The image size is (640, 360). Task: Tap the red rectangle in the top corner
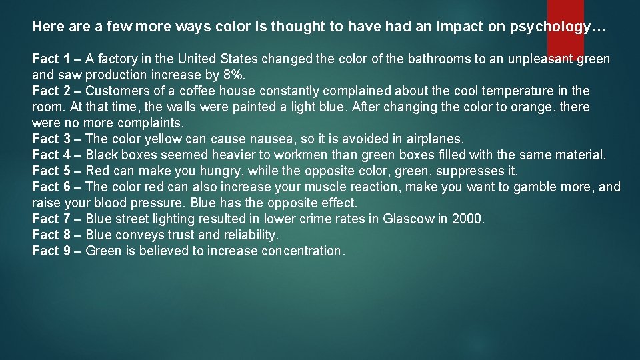[x=565, y=20]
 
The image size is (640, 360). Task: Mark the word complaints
[x=150, y=123]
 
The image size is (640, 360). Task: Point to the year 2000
[x=467, y=219]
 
